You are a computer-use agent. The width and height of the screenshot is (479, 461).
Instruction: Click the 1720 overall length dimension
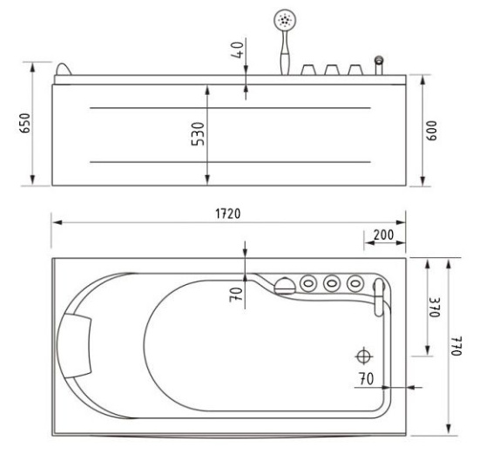[x=228, y=214]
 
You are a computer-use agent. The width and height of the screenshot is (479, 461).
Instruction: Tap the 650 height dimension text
[x=25, y=123]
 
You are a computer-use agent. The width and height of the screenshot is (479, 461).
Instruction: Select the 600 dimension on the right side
[x=431, y=131]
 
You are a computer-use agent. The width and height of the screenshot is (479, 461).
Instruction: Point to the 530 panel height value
[x=198, y=134]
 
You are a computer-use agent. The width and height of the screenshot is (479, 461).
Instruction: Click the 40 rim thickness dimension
[x=238, y=50]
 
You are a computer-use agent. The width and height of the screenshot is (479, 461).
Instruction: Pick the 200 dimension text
[x=384, y=235]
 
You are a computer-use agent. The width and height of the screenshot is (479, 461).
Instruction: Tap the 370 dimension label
[x=434, y=308]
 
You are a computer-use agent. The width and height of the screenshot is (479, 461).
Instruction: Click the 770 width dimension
[x=456, y=346]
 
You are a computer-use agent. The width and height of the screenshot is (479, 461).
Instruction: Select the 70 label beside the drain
[x=366, y=379]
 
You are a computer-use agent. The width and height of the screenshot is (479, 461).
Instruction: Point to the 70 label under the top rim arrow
[x=236, y=295]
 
